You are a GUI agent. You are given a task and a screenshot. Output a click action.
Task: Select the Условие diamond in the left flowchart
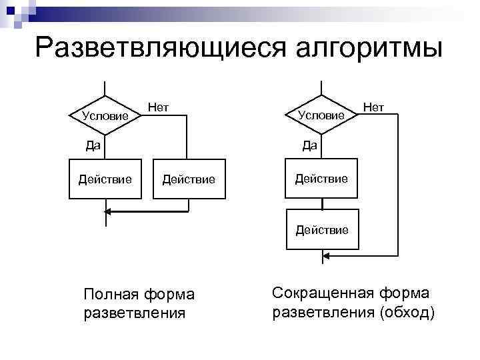click(105, 115)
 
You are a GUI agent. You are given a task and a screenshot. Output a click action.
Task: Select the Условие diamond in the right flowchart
click(322, 115)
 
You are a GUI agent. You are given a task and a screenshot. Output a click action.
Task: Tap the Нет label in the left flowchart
click(158, 106)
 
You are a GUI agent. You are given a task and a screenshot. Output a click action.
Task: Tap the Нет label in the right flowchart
click(374, 106)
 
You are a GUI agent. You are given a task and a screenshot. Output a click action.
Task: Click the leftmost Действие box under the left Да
click(105, 179)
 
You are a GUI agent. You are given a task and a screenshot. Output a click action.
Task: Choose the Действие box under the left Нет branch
click(189, 179)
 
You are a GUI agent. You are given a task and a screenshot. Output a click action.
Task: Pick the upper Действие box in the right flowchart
click(322, 179)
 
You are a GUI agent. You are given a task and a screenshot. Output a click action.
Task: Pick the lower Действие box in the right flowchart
click(322, 230)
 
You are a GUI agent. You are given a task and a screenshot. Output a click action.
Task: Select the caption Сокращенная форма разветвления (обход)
click(352, 303)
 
